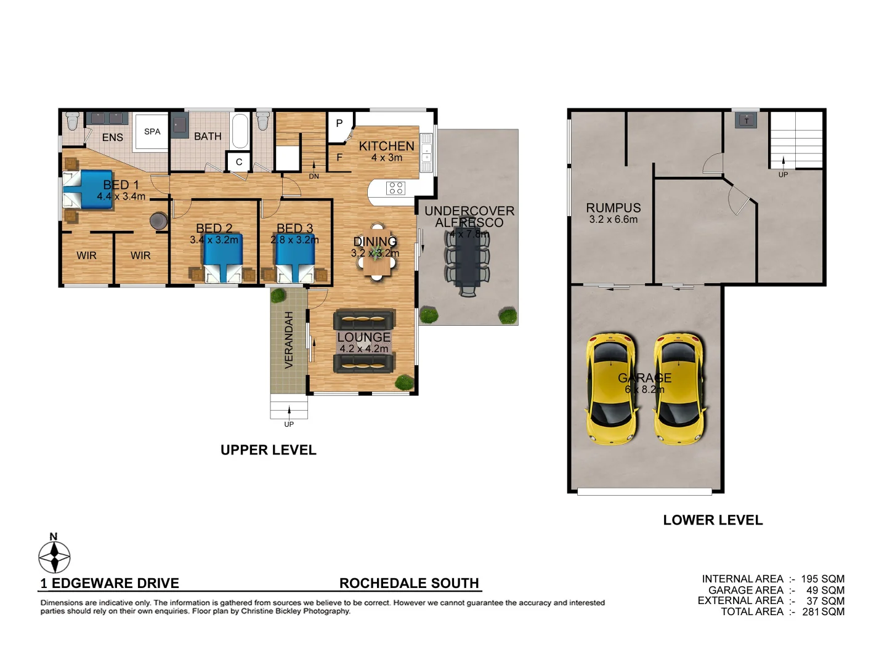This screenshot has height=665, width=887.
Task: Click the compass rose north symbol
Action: [54, 557]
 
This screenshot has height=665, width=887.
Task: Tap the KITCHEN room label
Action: [386, 146]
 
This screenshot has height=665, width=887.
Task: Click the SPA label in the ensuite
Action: [152, 132]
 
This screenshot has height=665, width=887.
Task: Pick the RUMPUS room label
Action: [613, 208]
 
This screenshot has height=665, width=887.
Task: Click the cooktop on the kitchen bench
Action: [395, 188]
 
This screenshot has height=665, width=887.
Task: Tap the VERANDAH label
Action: [289, 340]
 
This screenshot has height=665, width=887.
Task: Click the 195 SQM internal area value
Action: [822, 579]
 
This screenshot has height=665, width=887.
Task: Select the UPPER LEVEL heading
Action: [269, 450]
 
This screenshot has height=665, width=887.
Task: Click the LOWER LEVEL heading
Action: [713, 520]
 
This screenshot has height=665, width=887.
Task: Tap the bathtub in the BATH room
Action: [240, 131]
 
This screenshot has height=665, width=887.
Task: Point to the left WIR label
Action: [87, 256]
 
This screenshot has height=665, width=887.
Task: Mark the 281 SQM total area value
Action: [823, 611]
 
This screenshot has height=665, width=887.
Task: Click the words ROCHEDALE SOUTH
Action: [409, 583]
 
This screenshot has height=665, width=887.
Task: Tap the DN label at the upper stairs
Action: [314, 177]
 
